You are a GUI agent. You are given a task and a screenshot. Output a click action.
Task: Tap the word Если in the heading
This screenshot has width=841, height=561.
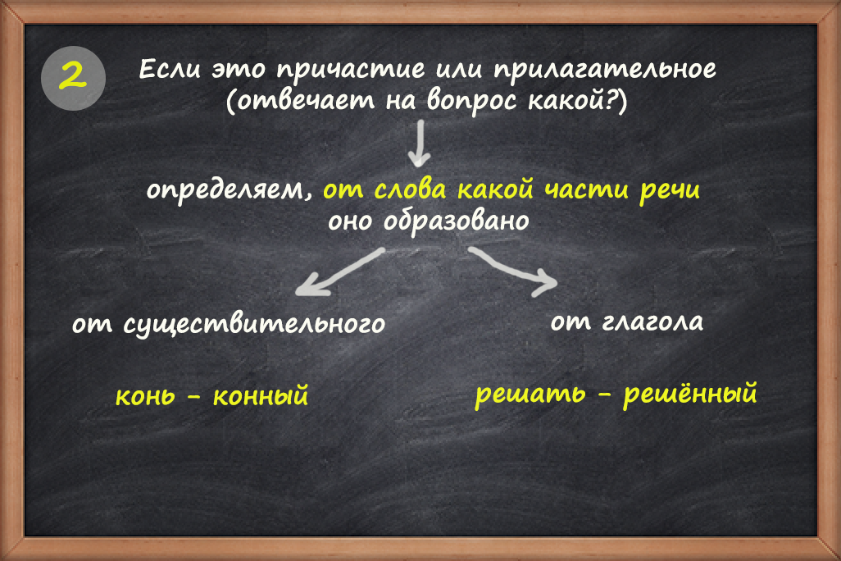[x=170, y=70]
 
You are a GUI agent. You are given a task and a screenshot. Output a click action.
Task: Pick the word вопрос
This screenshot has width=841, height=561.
[x=471, y=102]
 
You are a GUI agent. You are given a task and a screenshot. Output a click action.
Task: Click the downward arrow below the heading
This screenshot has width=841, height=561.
[x=419, y=144]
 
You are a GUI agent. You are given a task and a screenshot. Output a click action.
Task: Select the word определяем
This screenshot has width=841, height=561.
[x=229, y=191]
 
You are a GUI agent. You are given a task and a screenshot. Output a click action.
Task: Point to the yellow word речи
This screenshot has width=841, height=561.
[x=670, y=191]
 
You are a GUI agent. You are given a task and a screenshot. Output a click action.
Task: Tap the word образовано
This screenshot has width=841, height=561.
[x=456, y=221]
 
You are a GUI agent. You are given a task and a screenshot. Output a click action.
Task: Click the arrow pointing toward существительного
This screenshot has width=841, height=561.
[x=340, y=271]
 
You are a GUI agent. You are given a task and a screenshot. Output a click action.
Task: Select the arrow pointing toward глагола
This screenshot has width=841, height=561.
[x=512, y=271]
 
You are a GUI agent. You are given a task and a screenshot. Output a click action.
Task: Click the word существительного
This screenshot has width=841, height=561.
[x=254, y=324]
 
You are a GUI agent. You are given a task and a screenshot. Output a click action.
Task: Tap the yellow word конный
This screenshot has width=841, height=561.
[x=261, y=396]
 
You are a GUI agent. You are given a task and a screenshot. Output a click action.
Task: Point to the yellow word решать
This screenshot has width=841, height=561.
[x=530, y=395]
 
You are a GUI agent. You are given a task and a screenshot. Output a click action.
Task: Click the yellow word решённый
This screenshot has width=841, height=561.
[x=689, y=394]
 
